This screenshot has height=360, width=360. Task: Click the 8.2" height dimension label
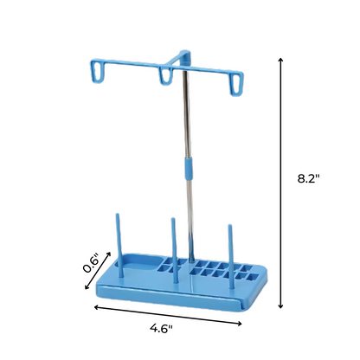click(x=309, y=178)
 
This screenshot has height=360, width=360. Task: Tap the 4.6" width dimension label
click(x=161, y=328)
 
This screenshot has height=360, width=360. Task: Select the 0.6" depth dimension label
click(x=92, y=263)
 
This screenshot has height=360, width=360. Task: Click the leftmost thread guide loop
click(x=98, y=71)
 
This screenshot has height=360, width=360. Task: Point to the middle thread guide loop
click(x=165, y=76)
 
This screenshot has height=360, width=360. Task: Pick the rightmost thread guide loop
click(x=236, y=84)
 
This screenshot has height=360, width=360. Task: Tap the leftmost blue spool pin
click(x=119, y=245)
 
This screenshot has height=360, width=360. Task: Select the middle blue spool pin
click(x=174, y=250)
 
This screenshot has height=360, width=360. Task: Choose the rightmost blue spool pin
click(x=230, y=256)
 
